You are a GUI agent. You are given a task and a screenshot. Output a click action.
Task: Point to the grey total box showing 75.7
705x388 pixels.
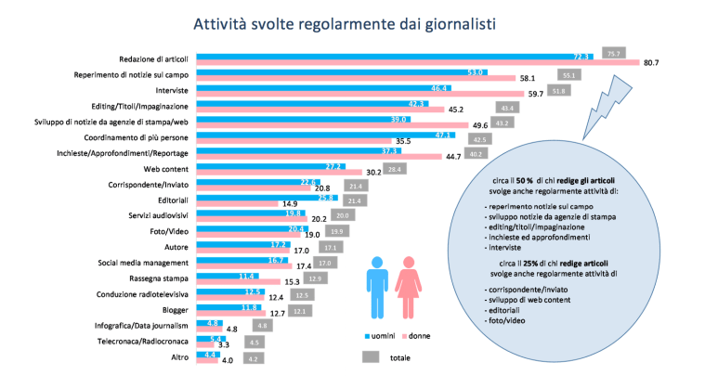[x=613, y=54]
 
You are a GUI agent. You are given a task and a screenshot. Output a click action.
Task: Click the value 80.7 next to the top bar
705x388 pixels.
[x=650, y=62]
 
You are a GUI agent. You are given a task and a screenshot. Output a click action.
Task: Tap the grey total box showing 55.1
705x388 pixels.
[x=570, y=74]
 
